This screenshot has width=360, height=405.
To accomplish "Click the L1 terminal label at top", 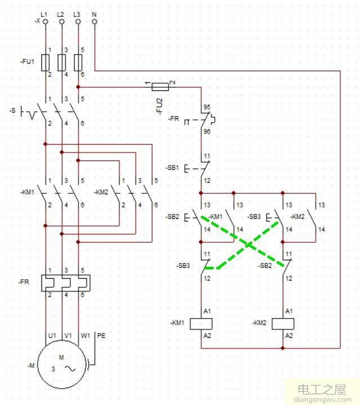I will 45,12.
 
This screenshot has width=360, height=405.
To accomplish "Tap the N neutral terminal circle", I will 94,21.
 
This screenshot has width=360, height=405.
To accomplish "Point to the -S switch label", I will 13,111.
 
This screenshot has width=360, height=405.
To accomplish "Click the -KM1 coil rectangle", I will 201,323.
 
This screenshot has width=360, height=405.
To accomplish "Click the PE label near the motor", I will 101,335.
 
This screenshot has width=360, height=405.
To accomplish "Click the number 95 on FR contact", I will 207,106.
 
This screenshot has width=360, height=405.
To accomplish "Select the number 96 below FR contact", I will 207,131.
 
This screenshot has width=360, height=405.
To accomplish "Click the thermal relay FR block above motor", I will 62,283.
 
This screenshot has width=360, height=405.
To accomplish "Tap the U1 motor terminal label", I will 52,335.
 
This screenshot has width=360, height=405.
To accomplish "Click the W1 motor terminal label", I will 85,335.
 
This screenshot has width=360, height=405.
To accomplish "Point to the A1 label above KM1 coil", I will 207,311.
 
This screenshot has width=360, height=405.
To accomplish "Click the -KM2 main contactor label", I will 102,192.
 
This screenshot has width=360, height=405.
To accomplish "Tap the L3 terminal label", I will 78,12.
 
